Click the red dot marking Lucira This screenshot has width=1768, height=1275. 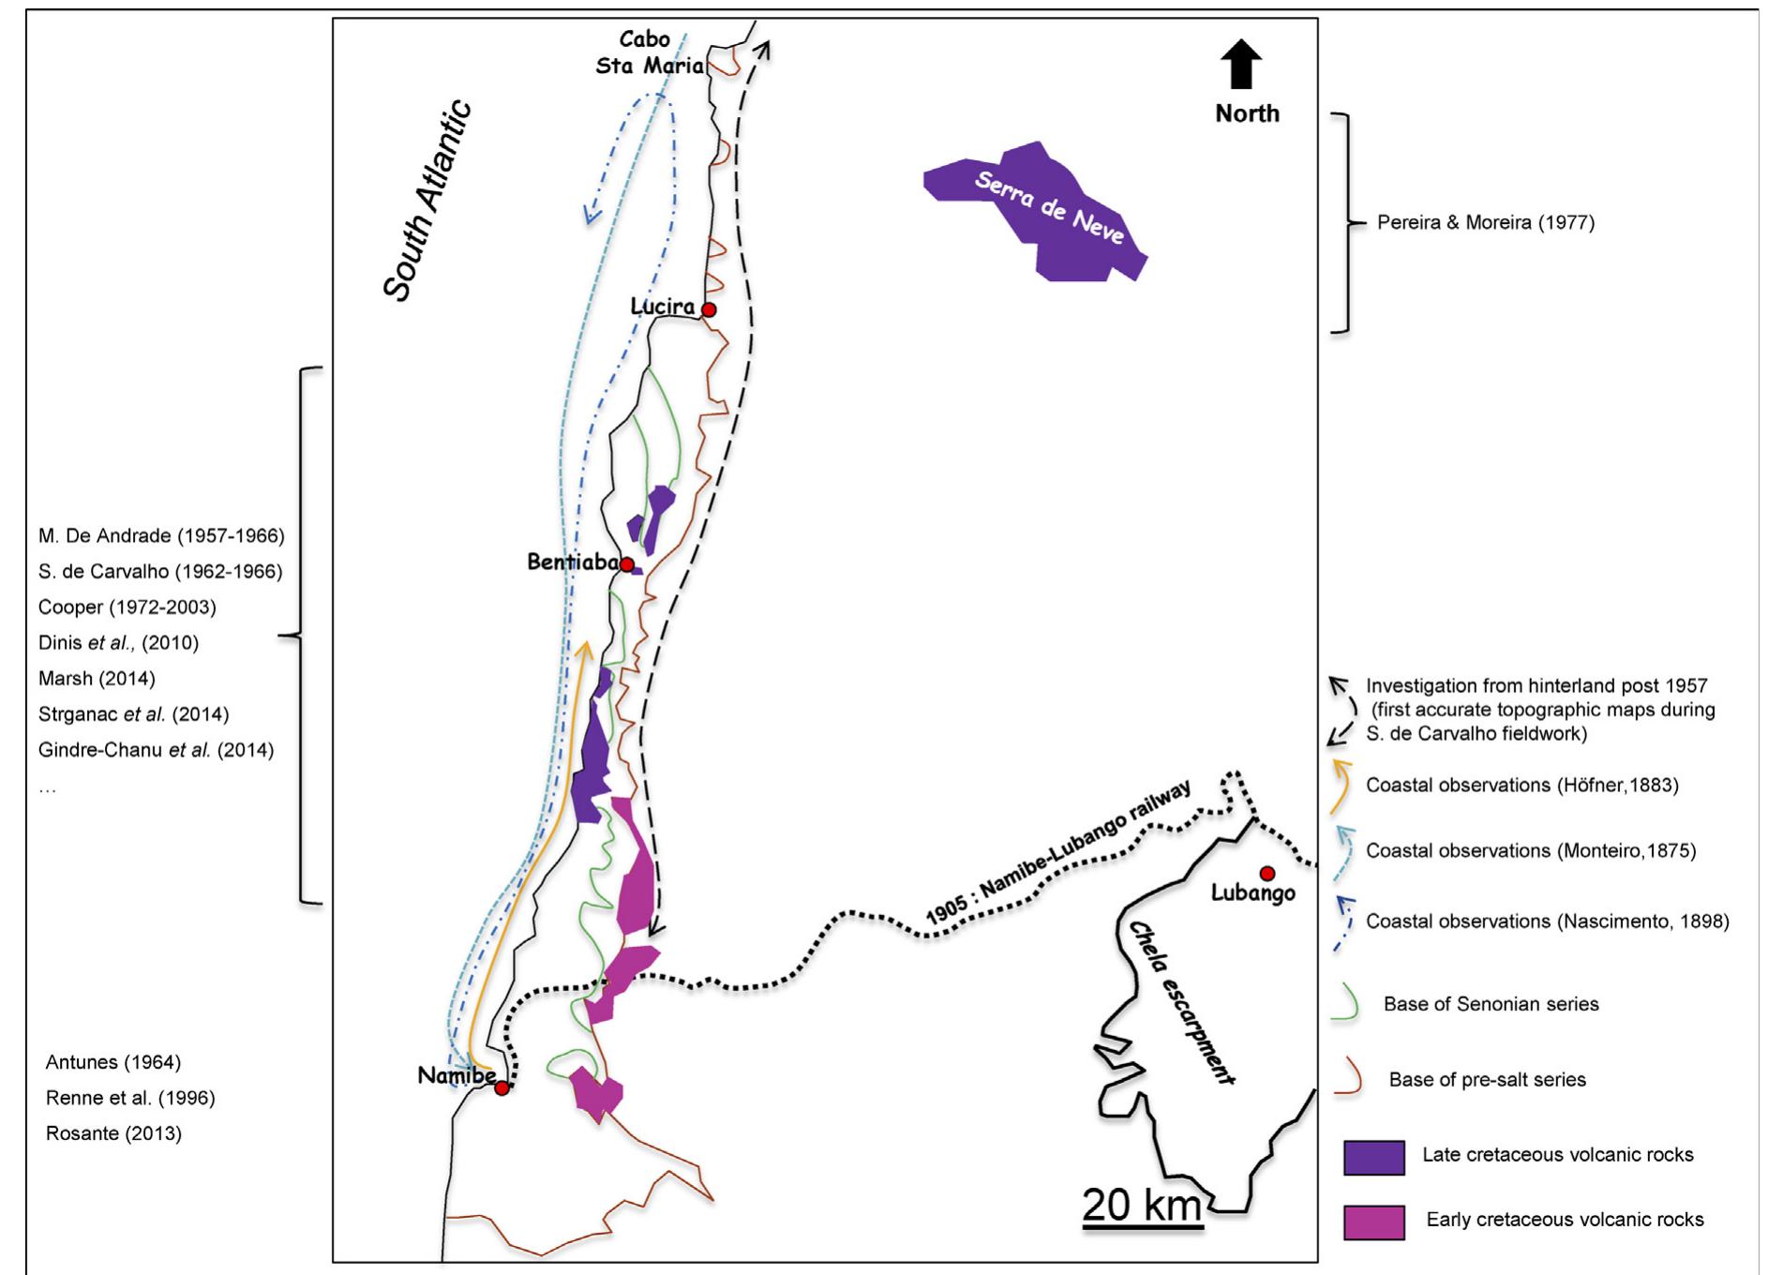click(x=710, y=309)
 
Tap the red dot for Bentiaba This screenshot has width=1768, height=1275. click(x=627, y=564)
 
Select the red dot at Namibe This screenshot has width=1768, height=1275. click(x=502, y=1087)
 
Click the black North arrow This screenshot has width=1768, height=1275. click(x=1244, y=65)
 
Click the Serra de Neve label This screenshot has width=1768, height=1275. click(x=1049, y=207)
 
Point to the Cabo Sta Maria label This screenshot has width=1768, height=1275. click(x=647, y=53)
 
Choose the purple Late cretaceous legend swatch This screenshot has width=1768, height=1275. click(x=1373, y=1158)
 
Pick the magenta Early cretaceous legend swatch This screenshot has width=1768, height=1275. click(x=1373, y=1222)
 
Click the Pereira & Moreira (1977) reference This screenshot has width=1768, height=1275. click(x=1485, y=223)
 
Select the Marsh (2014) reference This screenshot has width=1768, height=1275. click(x=97, y=678)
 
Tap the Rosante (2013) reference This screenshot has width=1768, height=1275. click(x=113, y=1133)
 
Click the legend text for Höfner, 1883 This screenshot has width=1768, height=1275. click(x=1521, y=786)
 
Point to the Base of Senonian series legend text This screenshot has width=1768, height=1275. click(x=1491, y=1004)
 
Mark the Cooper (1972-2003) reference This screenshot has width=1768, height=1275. click(x=127, y=607)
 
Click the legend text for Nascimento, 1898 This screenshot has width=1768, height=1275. click(x=1547, y=922)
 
